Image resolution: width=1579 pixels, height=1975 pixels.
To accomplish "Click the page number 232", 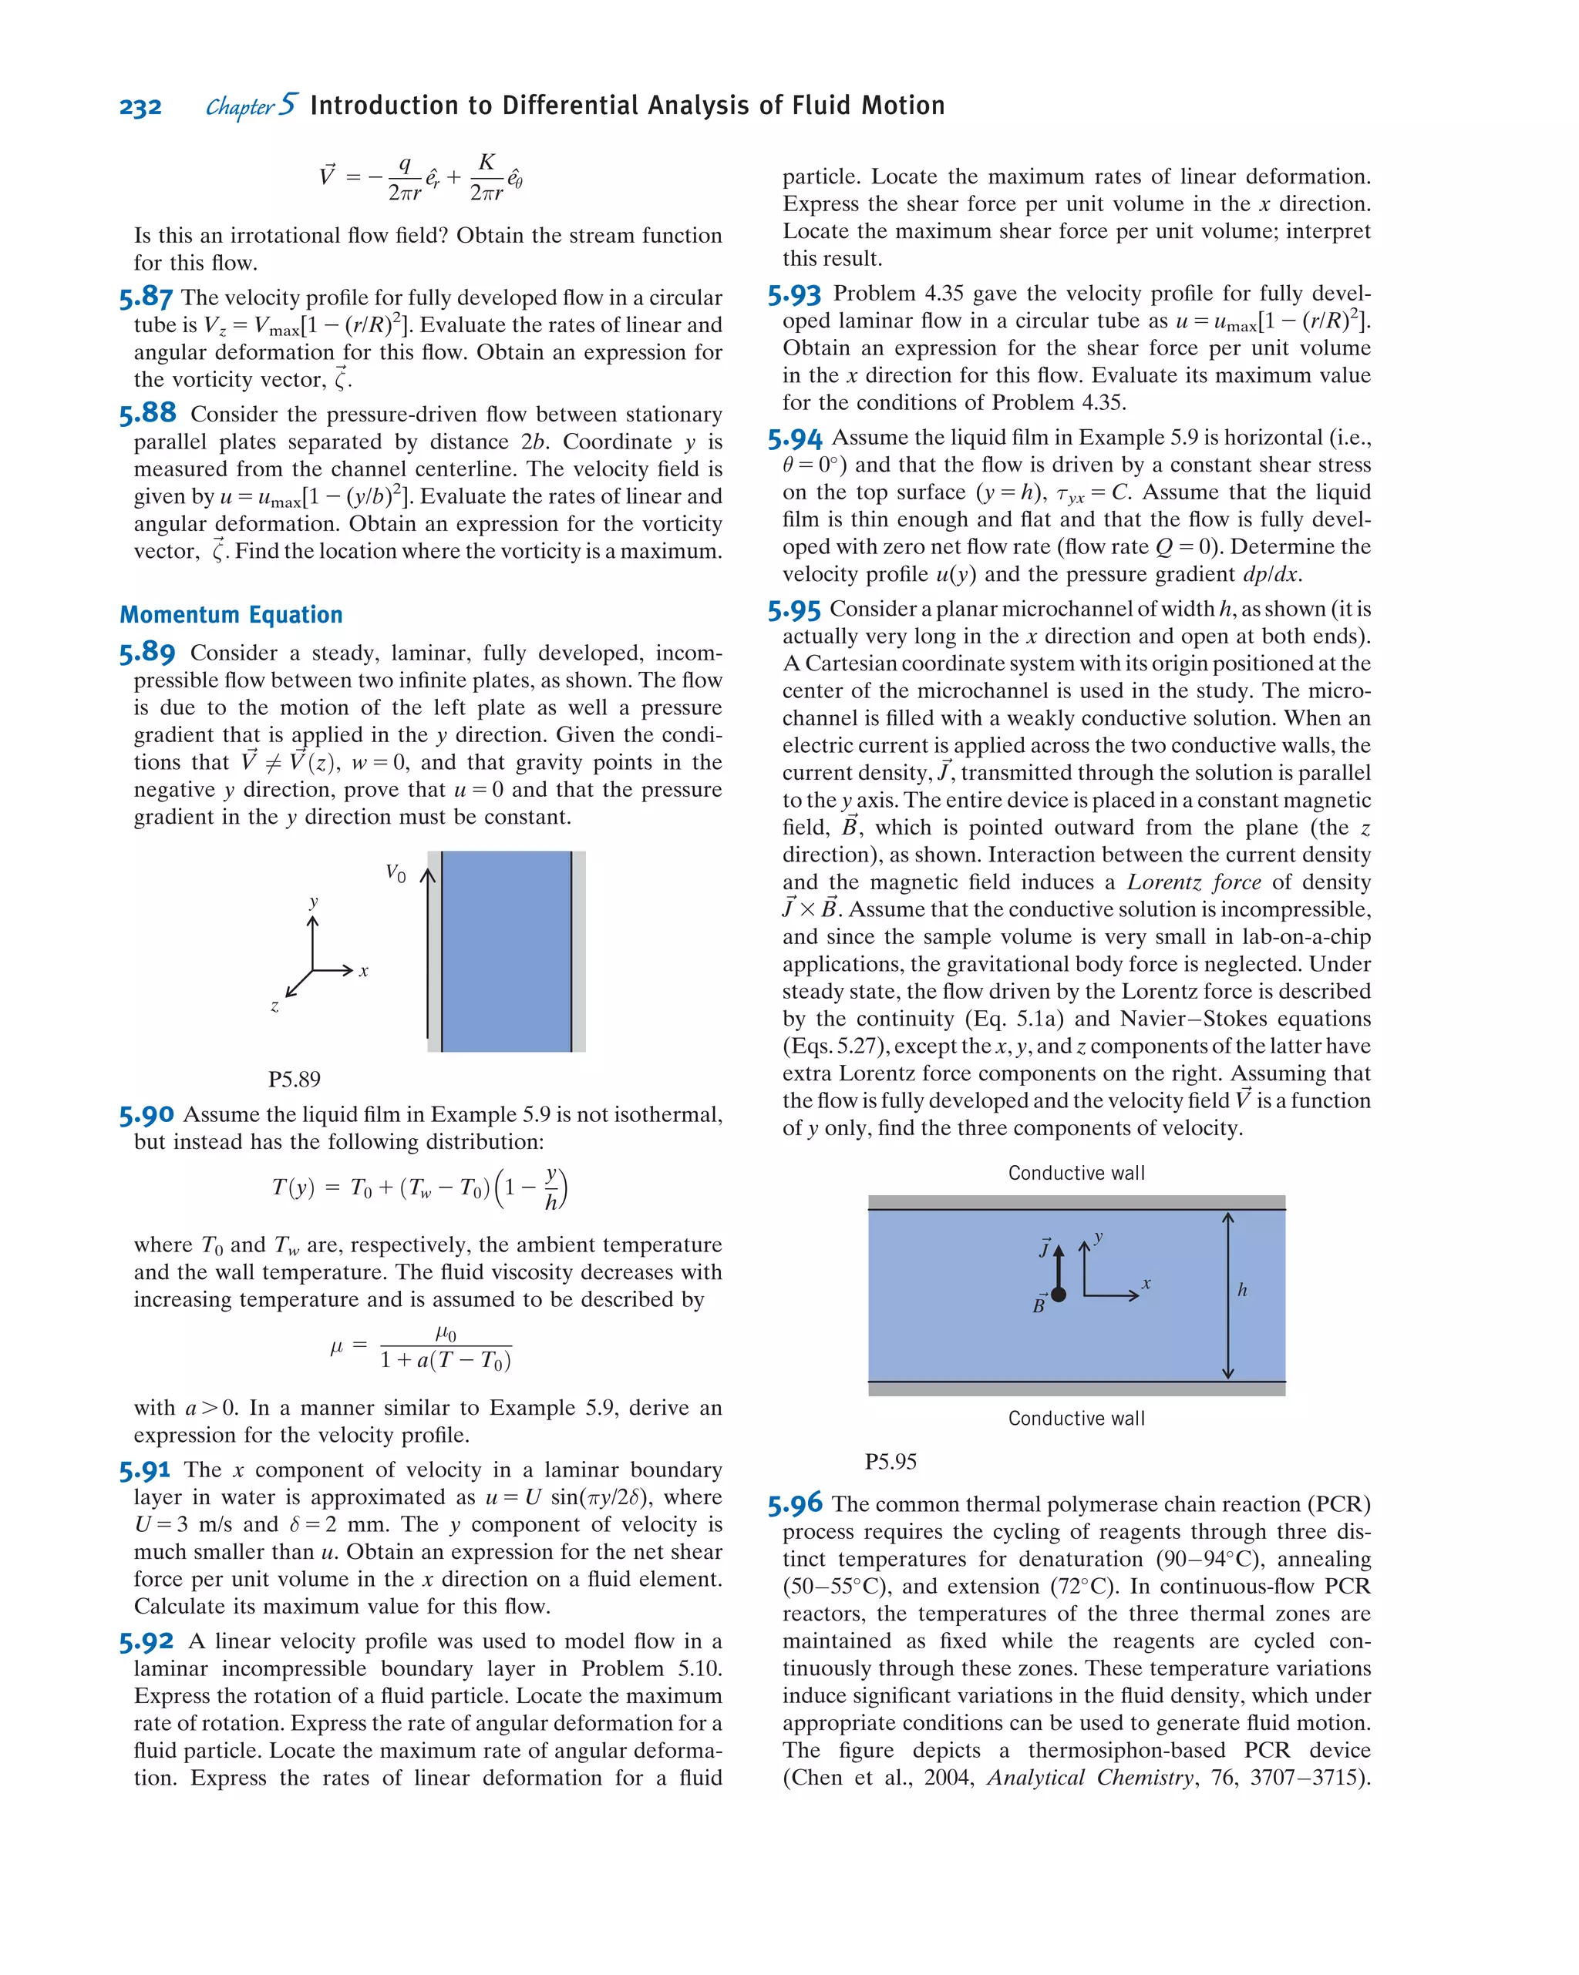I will [140, 107].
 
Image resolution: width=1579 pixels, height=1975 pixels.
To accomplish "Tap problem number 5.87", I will [146, 297].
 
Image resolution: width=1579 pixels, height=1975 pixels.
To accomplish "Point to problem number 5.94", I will [795, 438].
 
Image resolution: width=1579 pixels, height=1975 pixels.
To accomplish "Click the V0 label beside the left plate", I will [395, 872].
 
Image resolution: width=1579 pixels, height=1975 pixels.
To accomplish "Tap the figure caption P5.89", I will [295, 1079].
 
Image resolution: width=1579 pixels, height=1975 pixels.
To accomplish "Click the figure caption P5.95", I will [890, 1461].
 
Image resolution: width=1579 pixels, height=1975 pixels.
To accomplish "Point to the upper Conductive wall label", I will [1076, 1173].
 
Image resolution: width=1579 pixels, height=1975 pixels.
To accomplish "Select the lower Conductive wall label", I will [1076, 1418].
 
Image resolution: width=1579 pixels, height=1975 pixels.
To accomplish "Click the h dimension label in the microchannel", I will [1242, 1290].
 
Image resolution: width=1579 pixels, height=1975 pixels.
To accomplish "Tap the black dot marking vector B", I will [1059, 1295].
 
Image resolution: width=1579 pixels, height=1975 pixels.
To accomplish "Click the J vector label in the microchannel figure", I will [1045, 1248].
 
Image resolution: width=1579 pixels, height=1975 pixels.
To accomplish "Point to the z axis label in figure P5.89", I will [274, 1006].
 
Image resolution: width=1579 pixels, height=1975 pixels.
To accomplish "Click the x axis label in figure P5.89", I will [364, 971].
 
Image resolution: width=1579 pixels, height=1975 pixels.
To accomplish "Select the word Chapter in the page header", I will [239, 107].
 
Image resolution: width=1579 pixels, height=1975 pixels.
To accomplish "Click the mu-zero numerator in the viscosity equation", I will [446, 1333].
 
